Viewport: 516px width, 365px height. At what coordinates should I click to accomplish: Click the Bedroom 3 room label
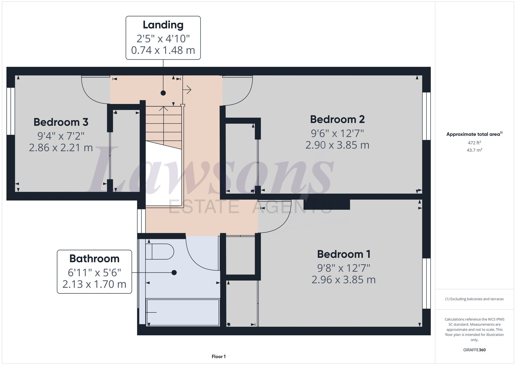tap(61, 122)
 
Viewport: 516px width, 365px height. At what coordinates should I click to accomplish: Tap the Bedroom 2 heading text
tap(337, 119)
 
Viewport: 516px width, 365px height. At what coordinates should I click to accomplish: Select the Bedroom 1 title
tap(344, 254)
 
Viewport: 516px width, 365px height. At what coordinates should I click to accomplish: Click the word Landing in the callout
tap(163, 25)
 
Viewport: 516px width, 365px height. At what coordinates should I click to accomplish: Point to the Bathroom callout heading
tap(94, 258)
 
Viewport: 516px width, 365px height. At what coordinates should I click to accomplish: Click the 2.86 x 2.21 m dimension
tap(61, 148)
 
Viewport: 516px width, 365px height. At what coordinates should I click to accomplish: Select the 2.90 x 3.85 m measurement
tap(337, 145)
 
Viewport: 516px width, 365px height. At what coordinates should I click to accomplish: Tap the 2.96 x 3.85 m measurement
tap(343, 280)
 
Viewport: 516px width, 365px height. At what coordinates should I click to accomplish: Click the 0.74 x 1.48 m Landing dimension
tap(163, 50)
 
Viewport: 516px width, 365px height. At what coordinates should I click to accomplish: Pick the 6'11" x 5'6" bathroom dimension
tap(94, 273)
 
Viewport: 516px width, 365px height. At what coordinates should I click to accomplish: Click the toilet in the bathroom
tap(160, 252)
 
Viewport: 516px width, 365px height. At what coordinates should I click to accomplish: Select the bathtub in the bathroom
tap(182, 312)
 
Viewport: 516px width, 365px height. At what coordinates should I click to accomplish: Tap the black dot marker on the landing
tap(163, 93)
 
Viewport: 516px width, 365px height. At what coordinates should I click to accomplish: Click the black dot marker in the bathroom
tap(174, 273)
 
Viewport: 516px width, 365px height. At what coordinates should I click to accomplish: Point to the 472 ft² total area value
tap(474, 143)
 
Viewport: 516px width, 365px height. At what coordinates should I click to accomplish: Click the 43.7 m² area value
tap(474, 150)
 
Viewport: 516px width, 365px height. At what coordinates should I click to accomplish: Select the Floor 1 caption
tap(219, 356)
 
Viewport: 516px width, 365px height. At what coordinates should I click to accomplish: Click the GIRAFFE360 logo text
tap(474, 350)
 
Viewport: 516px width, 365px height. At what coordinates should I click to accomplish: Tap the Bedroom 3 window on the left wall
tap(11, 111)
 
